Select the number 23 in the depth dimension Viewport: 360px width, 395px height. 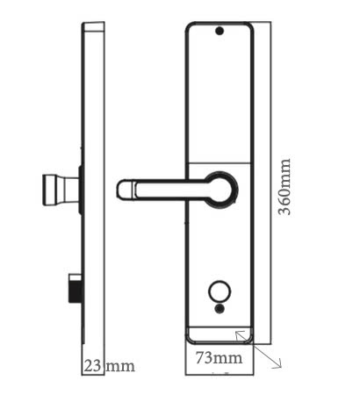(92, 365)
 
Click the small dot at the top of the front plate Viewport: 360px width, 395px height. (220, 32)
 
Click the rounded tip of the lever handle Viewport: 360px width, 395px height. (125, 188)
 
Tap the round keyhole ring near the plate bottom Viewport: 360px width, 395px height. (219, 292)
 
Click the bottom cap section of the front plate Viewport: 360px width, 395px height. (220, 332)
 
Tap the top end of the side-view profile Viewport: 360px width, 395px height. (93, 27)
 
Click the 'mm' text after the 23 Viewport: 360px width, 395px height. (120, 365)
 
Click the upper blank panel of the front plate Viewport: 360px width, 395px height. (220, 97)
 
